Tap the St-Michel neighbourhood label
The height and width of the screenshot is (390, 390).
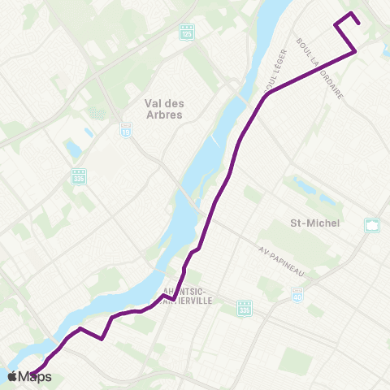[313, 223]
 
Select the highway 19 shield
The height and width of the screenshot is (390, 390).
[126, 132]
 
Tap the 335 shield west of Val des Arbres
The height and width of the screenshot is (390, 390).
[79, 175]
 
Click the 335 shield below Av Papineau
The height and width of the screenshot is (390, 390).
[245, 307]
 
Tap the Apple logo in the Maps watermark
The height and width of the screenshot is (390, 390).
[12, 376]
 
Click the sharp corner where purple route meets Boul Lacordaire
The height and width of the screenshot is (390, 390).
[355, 52]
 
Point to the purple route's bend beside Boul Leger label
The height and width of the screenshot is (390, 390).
[267, 93]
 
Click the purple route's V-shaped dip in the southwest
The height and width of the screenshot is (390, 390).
[101, 339]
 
